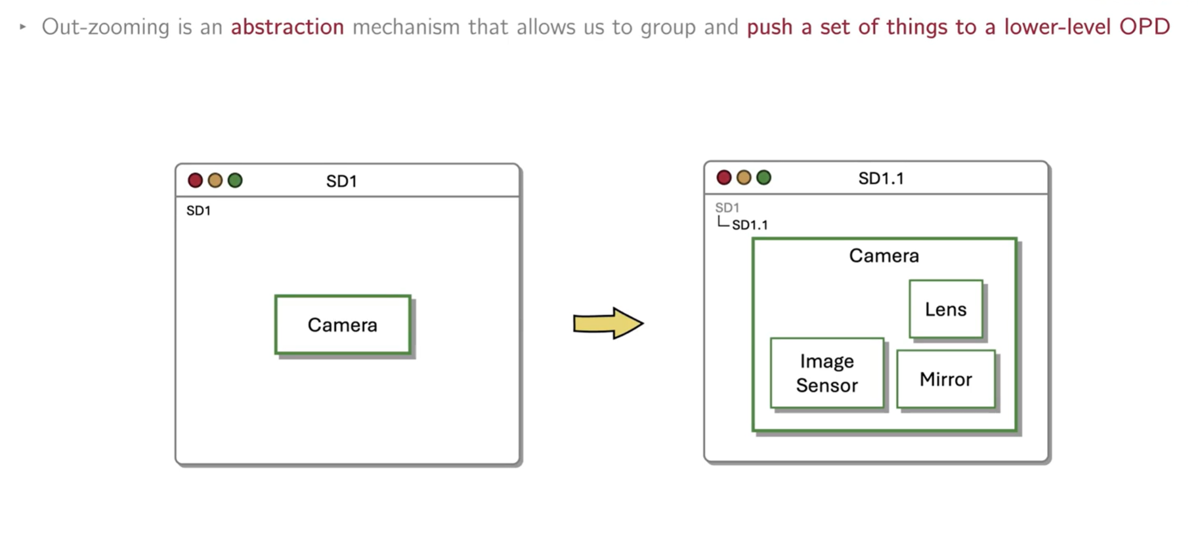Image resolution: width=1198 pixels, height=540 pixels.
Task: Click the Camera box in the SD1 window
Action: pyautogui.click(x=343, y=325)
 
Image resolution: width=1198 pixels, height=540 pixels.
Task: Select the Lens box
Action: pyautogui.click(x=945, y=309)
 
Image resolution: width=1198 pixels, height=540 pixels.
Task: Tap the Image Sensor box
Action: pyautogui.click(x=826, y=373)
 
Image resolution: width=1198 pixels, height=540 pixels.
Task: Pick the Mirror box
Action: pyautogui.click(x=945, y=379)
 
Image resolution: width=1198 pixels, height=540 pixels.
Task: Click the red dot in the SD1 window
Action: pyautogui.click(x=195, y=180)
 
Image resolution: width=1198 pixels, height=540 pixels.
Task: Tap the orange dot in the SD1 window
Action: pyautogui.click(x=215, y=180)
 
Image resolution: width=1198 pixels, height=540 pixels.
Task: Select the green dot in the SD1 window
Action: pyautogui.click(x=235, y=180)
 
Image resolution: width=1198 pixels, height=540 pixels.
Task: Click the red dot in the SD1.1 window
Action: pyautogui.click(x=724, y=178)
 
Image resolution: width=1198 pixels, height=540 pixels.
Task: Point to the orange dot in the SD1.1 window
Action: pyautogui.click(x=744, y=178)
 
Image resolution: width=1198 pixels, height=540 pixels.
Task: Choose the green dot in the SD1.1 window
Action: pyautogui.click(x=763, y=178)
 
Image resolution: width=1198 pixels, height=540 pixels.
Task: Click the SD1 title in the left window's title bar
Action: pyautogui.click(x=341, y=181)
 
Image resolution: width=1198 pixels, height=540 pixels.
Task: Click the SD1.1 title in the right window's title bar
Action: pyautogui.click(x=881, y=178)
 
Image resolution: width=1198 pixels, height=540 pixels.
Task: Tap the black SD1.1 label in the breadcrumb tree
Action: pyautogui.click(x=750, y=225)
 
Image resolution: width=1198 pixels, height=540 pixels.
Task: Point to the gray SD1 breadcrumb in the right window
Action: pyautogui.click(x=727, y=207)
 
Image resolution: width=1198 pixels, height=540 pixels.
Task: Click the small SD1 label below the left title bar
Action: pyautogui.click(x=198, y=211)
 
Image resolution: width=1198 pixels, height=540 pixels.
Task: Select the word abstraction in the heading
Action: pyautogui.click(x=287, y=27)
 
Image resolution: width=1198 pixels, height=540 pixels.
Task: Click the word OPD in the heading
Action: pyautogui.click(x=1144, y=27)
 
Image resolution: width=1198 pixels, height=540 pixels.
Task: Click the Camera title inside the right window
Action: pyautogui.click(x=884, y=255)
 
